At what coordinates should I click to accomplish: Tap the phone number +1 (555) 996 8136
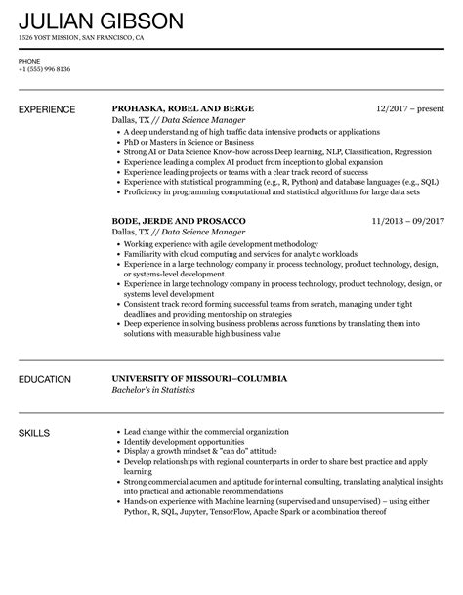(x=45, y=71)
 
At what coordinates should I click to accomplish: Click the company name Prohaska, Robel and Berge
(x=184, y=108)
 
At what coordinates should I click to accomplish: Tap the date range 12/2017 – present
(x=410, y=108)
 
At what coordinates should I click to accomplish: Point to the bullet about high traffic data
(x=253, y=129)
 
